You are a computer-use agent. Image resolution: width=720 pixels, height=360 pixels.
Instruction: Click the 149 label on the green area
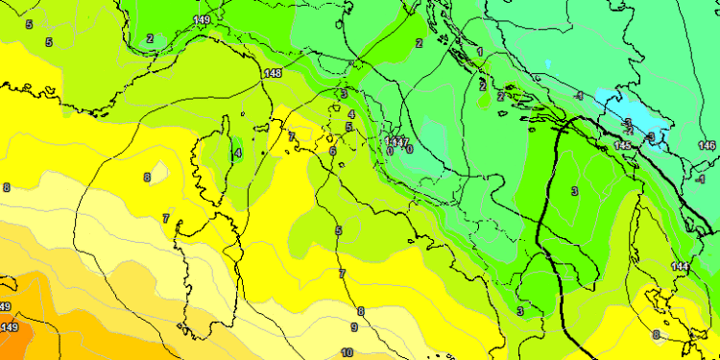coord(201,19)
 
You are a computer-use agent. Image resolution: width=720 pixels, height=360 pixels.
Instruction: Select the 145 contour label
coord(623,145)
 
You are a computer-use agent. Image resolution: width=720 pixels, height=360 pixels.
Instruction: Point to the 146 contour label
coord(708,145)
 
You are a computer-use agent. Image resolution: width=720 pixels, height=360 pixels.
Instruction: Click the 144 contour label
coord(681,266)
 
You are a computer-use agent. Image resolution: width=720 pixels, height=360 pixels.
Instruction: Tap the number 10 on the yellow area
coord(347,352)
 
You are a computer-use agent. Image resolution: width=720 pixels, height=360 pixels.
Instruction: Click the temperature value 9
coord(353,327)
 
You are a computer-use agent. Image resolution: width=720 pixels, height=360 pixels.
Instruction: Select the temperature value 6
coord(332,151)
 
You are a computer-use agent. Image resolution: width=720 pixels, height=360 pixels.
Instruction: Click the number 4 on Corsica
coord(237,152)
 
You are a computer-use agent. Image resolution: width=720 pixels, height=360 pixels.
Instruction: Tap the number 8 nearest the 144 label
coord(656,334)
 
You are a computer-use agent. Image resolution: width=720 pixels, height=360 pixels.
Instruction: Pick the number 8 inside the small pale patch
coord(147,177)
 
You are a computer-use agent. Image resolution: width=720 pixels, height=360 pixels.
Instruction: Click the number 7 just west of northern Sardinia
coord(166,219)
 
